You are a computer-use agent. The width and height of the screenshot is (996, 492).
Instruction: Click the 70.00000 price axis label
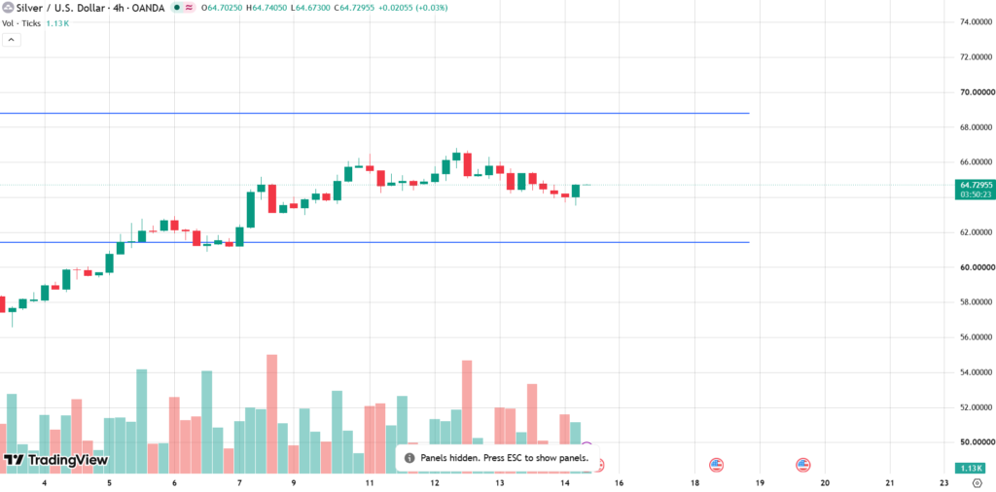tap(975, 92)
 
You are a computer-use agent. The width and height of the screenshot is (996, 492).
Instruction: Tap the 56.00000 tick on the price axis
tap(975, 337)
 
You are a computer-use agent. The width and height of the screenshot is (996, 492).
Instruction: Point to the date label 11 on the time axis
tap(369, 483)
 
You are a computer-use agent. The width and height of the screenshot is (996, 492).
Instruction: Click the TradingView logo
tap(55, 460)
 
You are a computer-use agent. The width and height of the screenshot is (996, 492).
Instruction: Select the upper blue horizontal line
tap(374, 113)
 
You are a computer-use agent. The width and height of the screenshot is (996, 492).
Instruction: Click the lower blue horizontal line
tap(374, 242)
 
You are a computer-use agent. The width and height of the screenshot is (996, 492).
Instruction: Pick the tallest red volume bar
tap(272, 414)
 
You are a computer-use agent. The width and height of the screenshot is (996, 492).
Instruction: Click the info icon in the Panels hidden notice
tap(409, 458)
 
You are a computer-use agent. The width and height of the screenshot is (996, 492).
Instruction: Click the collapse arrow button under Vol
tap(12, 40)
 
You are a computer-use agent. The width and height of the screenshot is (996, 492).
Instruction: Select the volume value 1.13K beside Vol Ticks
tap(57, 23)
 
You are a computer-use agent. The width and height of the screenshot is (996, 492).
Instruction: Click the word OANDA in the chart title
tap(149, 8)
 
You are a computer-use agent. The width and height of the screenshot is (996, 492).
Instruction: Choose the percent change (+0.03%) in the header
tap(428, 8)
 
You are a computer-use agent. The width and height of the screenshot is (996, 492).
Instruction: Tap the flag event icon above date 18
tap(717, 465)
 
